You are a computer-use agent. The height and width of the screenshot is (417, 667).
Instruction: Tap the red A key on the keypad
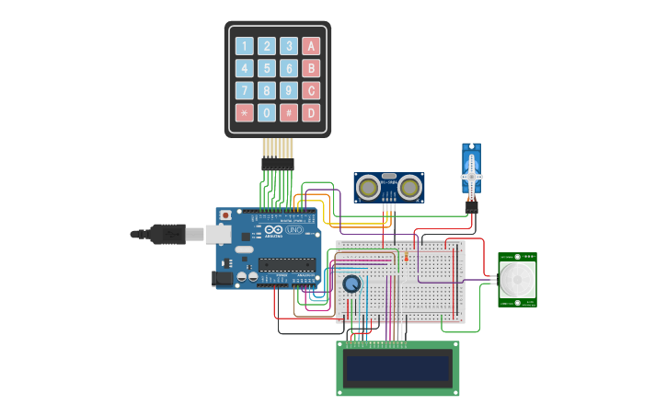311,46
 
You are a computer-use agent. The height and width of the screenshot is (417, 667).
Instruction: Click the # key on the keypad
289,112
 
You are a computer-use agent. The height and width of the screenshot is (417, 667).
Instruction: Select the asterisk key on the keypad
244,112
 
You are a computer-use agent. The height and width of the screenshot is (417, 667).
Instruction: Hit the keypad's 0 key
267,112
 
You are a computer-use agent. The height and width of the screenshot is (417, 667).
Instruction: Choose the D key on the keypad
311,112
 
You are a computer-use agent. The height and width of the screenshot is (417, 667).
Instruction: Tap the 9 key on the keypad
289,90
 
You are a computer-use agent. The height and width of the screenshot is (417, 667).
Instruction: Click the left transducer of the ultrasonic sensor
369,189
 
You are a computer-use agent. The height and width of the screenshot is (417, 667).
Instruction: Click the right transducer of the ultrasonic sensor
409,189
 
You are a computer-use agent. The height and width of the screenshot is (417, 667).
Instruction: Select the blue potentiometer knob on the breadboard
351,284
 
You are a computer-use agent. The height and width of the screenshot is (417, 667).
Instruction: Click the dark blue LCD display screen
397,368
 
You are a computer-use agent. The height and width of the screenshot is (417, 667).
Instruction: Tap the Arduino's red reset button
225,215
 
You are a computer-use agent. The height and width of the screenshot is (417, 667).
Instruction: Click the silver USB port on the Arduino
218,235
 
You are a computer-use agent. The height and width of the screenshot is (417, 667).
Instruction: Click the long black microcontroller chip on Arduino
286,264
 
